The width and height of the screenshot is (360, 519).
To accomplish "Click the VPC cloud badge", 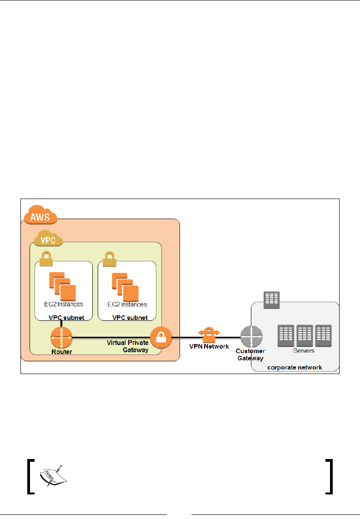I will (x=48, y=238).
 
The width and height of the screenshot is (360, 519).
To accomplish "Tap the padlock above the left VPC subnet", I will (x=46, y=259).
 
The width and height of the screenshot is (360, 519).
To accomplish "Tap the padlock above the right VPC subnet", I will (x=109, y=259).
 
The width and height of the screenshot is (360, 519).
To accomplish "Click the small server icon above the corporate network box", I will (x=272, y=299).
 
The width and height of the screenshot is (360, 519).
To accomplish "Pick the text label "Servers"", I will (x=303, y=351).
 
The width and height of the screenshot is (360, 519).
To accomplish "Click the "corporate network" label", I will (x=294, y=367).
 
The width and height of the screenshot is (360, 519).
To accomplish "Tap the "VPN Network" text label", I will (x=209, y=347).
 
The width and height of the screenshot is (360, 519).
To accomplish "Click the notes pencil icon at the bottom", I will (x=51, y=476).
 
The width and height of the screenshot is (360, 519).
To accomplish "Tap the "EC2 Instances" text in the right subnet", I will (x=127, y=304).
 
